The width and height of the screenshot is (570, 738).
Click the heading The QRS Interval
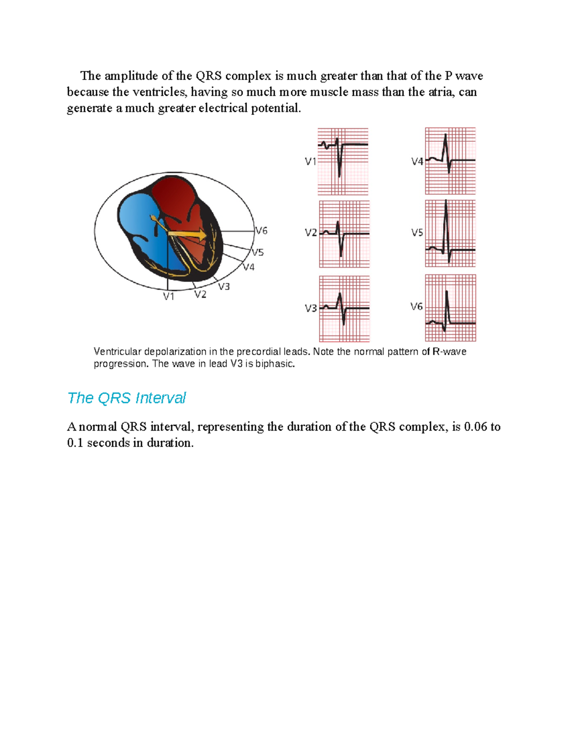126,398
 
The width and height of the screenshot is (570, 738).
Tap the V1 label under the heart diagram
169,297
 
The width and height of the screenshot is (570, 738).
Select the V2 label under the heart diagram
200,295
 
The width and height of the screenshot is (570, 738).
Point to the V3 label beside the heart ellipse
224,287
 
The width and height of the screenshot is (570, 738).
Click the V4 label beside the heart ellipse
248,267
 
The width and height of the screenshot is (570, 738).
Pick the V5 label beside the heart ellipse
257,252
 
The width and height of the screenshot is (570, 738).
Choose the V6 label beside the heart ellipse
262,231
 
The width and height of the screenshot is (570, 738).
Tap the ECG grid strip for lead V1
343,162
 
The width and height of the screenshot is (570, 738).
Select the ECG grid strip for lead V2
344,234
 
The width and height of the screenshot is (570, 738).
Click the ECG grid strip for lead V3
344,309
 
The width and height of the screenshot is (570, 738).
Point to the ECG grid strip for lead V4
450,161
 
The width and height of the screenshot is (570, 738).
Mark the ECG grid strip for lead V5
450,233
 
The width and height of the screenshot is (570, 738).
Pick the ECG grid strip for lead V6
450,308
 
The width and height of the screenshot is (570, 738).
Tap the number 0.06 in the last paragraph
475,427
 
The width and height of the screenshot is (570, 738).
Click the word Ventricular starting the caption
117,352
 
